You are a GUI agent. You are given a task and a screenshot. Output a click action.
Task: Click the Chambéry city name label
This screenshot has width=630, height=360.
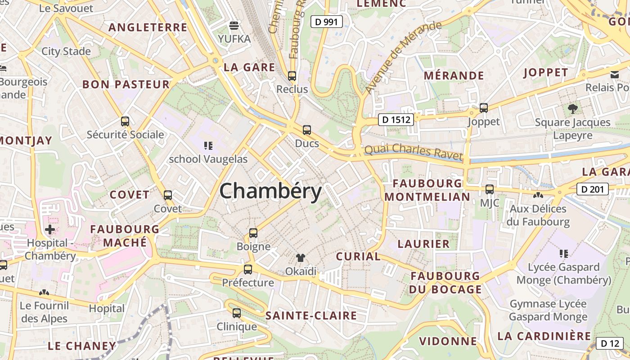click(270, 191)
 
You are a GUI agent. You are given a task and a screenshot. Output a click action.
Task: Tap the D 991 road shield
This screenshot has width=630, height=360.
click(327, 21)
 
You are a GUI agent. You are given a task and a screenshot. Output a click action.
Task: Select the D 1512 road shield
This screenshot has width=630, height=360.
click(396, 119)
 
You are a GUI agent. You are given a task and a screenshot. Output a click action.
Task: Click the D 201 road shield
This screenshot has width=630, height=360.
click(592, 189)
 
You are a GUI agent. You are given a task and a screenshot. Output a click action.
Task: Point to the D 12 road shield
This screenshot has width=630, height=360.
click(610, 343)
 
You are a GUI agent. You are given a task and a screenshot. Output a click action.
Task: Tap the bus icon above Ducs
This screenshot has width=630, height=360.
click(307, 130)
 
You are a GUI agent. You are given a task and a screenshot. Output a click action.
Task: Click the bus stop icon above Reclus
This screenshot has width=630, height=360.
click(292, 76)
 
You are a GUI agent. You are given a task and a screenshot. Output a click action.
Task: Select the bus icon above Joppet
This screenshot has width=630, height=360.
click(484, 108)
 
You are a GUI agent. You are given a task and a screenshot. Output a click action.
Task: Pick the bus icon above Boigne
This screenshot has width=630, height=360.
click(253, 233)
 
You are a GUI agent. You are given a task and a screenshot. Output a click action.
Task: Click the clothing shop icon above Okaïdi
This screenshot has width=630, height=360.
click(301, 258)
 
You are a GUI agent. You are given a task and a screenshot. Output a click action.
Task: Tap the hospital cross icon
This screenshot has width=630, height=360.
click(50, 229)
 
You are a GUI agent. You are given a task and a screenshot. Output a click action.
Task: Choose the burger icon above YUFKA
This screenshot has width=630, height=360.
click(234, 25)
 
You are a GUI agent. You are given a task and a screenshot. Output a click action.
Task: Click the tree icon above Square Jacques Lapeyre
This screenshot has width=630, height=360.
click(573, 108)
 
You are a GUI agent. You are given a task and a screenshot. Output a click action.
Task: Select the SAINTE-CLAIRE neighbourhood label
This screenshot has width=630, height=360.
click(311, 315)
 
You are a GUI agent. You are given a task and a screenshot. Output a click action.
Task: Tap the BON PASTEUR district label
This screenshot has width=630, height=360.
click(126, 84)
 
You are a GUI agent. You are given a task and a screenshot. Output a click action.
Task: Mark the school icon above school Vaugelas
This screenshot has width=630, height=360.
click(208, 145)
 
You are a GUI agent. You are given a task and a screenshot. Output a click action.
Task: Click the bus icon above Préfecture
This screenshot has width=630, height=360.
click(248, 269)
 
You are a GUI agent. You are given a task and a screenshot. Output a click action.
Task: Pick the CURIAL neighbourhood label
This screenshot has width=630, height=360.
click(358, 256)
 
